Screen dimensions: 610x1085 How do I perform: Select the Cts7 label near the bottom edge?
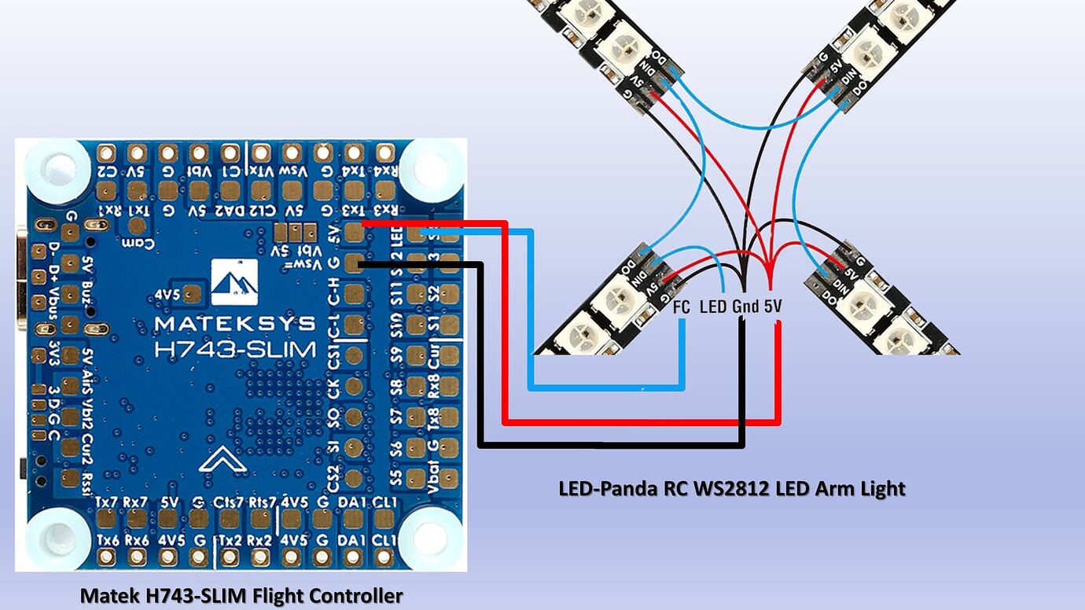click(230, 502)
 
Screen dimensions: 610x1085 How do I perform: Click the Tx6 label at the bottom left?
click(107, 540)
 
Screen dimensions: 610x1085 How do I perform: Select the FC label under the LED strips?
click(682, 307)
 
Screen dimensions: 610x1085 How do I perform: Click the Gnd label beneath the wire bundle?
click(745, 307)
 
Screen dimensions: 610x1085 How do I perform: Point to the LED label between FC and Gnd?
click(712, 307)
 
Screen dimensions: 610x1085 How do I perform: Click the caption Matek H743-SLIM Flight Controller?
click(241, 596)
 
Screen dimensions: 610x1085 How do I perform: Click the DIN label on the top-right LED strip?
click(848, 79)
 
